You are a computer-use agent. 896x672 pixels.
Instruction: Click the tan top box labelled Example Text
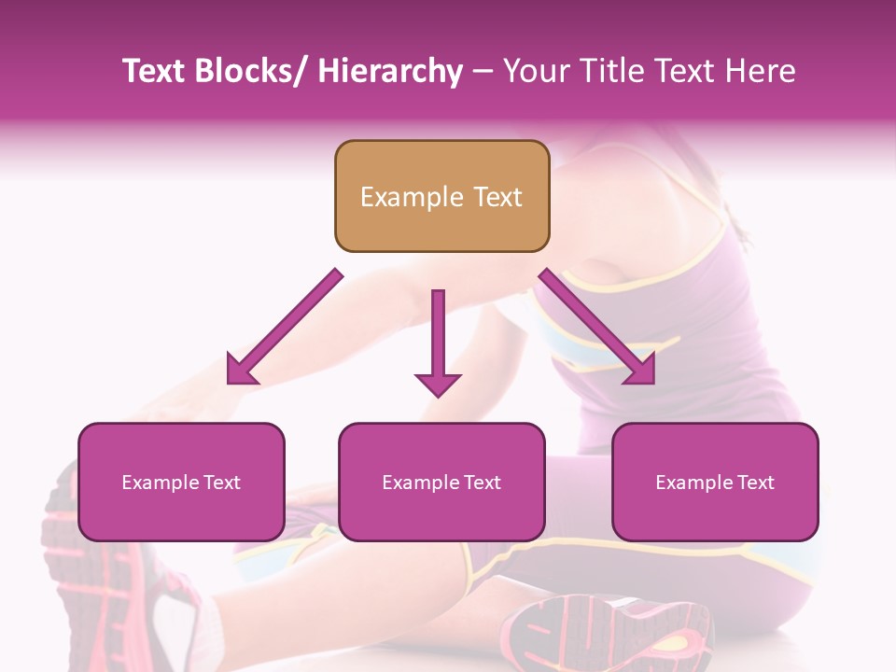click(x=441, y=196)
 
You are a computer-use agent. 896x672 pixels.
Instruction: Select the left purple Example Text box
click(x=181, y=482)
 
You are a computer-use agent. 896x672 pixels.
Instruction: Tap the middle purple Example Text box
click(x=441, y=482)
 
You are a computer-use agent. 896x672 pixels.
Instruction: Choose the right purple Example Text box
click(x=715, y=482)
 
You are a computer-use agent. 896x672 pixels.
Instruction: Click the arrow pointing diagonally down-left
click(x=285, y=327)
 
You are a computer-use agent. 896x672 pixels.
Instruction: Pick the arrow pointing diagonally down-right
click(x=597, y=327)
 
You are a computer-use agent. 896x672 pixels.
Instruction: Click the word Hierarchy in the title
click(x=389, y=72)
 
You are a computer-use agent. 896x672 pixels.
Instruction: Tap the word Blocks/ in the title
click(x=253, y=72)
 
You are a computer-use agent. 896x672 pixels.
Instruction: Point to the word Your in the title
click(x=534, y=72)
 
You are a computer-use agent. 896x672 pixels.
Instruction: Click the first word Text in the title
click(x=153, y=72)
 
